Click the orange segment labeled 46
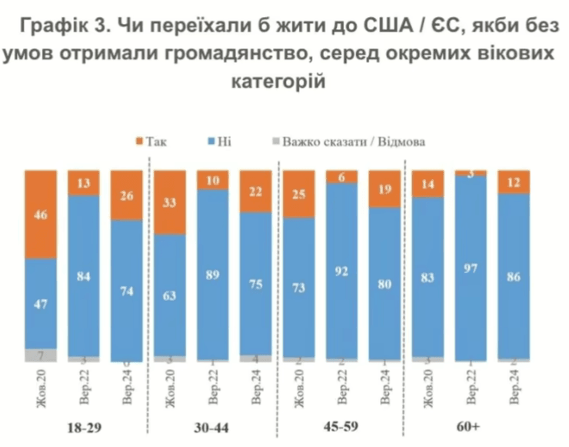click(x=41, y=214)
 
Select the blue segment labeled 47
click(x=41, y=303)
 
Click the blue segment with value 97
click(x=471, y=265)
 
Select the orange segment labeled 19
click(x=384, y=188)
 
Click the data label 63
click(x=170, y=294)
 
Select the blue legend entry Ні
click(x=218, y=142)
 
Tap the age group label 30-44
click(x=213, y=426)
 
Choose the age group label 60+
click(x=471, y=425)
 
